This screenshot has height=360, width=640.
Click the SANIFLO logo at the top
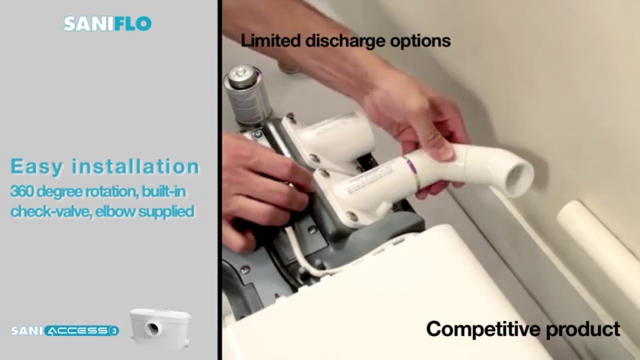pos(107,24)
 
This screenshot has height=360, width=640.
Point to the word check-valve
pos(50,211)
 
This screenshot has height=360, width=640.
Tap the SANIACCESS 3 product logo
pos(65,331)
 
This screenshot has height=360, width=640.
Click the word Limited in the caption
pos(270,40)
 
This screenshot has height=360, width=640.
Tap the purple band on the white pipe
pos(411,169)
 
